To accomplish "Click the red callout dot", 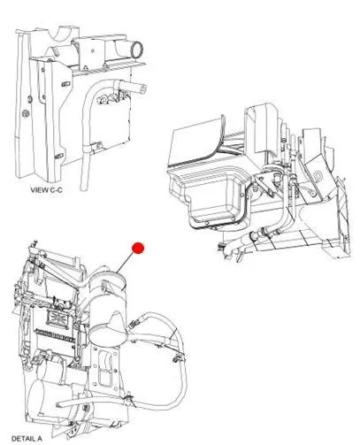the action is coord(138,248).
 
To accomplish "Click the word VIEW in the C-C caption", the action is coord(39,190).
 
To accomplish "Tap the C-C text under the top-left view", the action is coord(56,190).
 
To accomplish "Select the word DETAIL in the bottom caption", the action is coord(23,439).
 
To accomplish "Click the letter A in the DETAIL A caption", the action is coord(39,439).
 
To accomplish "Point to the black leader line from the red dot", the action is coord(126,262).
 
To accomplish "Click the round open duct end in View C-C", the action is coord(137,50).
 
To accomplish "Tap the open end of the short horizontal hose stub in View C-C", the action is coord(143,88).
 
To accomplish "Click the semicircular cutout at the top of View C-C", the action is coord(62,33).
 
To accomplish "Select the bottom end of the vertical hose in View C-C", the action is coord(84,187).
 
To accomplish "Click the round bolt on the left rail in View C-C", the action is coord(26,113).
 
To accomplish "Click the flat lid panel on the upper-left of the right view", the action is coord(196,141).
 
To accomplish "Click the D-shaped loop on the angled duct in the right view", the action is coord(317,176).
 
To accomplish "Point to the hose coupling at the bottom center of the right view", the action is coord(260,234).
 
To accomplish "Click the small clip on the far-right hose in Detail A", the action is coord(177,359).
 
